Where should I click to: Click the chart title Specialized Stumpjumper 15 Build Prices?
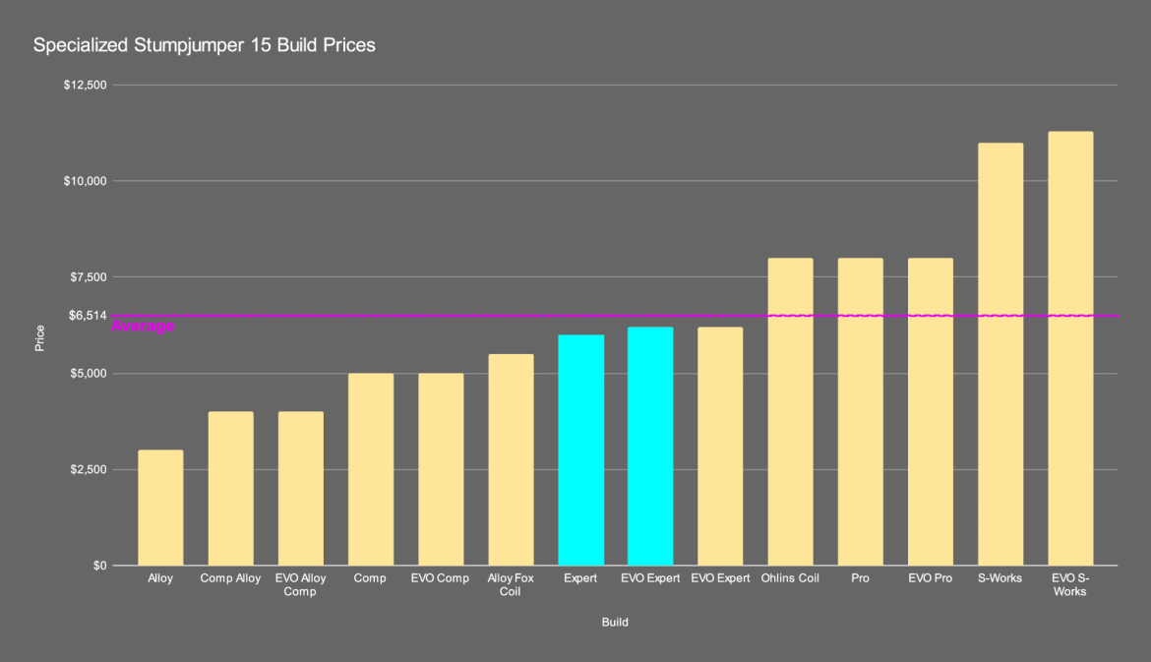(205, 45)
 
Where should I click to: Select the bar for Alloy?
(160, 508)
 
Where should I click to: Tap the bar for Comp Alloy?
(230, 488)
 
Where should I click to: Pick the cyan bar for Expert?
(580, 450)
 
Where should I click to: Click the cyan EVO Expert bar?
(650, 446)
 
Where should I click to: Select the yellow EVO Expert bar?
(720, 446)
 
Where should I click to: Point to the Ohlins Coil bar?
(790, 411)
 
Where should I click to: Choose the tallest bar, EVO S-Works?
(1070, 348)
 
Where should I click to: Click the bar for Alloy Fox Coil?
(511, 459)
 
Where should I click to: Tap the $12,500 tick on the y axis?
(85, 86)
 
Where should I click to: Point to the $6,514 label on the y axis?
(88, 316)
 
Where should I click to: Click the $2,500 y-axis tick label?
(88, 470)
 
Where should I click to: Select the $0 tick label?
(98, 566)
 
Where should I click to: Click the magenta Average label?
(144, 327)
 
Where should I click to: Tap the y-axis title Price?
(39, 338)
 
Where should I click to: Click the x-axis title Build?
(615, 623)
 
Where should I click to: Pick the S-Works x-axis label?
(1000, 578)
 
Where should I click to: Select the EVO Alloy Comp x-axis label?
(300, 584)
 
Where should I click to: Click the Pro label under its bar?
(860, 578)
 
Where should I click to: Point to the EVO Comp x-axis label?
(440, 578)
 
